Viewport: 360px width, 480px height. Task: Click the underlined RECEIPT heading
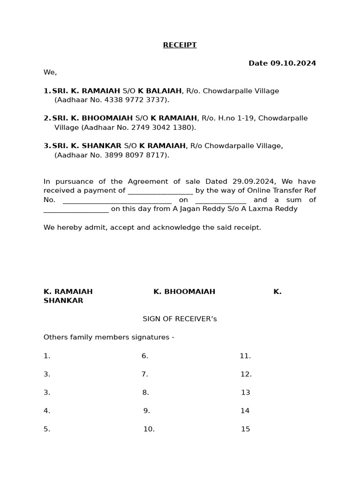(180, 45)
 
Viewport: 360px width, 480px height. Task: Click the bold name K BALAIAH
(159, 91)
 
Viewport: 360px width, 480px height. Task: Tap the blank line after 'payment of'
(160, 191)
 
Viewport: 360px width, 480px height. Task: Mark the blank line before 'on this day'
(76, 210)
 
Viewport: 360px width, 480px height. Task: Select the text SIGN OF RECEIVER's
(180, 319)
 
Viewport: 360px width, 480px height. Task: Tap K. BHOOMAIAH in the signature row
(184, 292)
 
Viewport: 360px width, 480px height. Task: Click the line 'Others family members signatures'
(109, 337)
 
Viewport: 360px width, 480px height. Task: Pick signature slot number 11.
(245, 356)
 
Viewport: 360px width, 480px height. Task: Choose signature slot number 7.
(145, 375)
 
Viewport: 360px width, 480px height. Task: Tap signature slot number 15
(245, 429)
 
